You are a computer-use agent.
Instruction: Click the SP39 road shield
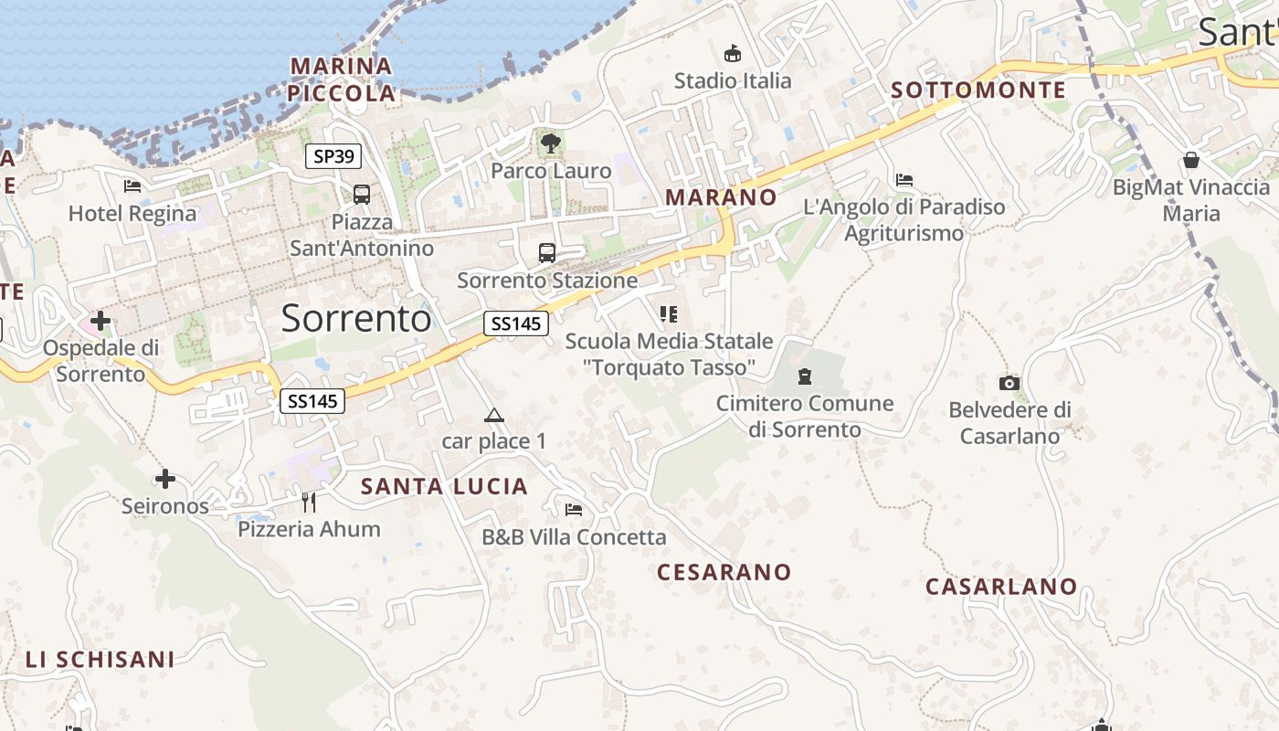tap(333, 156)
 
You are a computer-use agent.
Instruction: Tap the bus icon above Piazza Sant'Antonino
tap(362, 194)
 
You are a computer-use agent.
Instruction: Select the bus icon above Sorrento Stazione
tap(546, 252)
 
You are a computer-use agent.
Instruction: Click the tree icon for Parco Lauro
tap(550, 143)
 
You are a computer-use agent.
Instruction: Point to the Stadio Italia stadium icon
tap(732, 53)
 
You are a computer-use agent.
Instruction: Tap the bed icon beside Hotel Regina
tap(132, 186)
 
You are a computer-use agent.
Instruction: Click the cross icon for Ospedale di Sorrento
tap(100, 321)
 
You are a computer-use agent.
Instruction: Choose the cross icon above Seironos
tap(164, 478)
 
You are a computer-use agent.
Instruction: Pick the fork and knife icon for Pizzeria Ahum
tap(309, 502)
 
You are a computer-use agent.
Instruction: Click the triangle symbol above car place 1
tap(493, 416)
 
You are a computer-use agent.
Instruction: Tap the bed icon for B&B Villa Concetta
tap(574, 509)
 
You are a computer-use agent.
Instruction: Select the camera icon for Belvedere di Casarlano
tap(1009, 383)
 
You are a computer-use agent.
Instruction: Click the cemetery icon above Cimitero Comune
tap(805, 376)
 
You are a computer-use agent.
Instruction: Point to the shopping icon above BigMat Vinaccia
tap(1190, 160)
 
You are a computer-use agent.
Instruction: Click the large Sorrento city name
tap(356, 318)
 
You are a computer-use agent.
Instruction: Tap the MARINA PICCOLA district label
tap(341, 79)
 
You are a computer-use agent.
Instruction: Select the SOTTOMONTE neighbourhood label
tap(978, 90)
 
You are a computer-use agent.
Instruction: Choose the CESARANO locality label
tap(724, 572)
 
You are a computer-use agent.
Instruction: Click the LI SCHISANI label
tap(100, 659)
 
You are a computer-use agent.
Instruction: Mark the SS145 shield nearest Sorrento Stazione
tap(515, 323)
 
